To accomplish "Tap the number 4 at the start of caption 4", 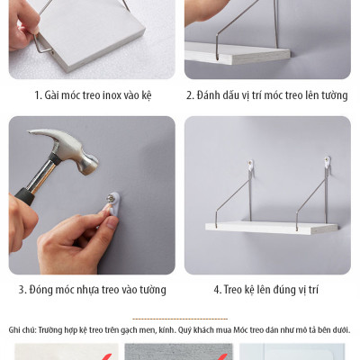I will pyautogui.click(x=217, y=290).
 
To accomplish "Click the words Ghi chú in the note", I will pyautogui.click(x=22, y=330).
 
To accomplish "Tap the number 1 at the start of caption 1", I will pyautogui.click(x=38, y=94).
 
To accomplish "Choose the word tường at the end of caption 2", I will pyautogui.click(x=333, y=94).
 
